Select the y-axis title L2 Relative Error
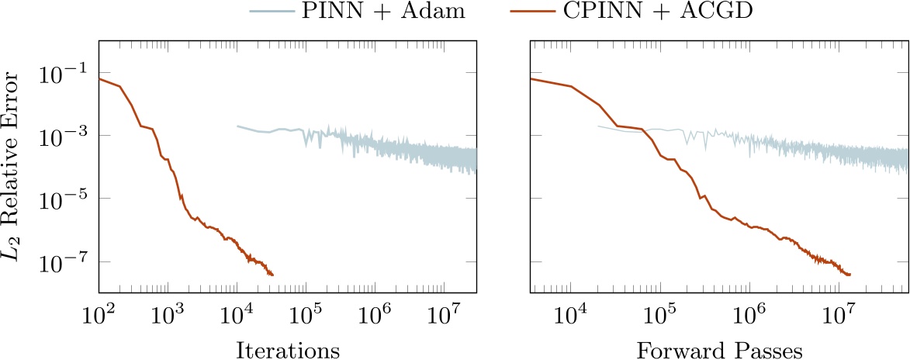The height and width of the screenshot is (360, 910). pyautogui.click(x=16, y=166)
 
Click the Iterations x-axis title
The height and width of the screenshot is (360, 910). pyautogui.click(x=287, y=350)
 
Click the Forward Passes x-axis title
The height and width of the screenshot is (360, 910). pyautogui.click(x=719, y=350)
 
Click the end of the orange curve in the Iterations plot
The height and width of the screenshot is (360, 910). pyautogui.click(x=272, y=275)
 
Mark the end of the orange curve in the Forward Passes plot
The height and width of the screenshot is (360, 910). pyautogui.click(x=850, y=275)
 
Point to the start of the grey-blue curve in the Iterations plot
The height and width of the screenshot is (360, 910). pyautogui.click(x=237, y=126)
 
